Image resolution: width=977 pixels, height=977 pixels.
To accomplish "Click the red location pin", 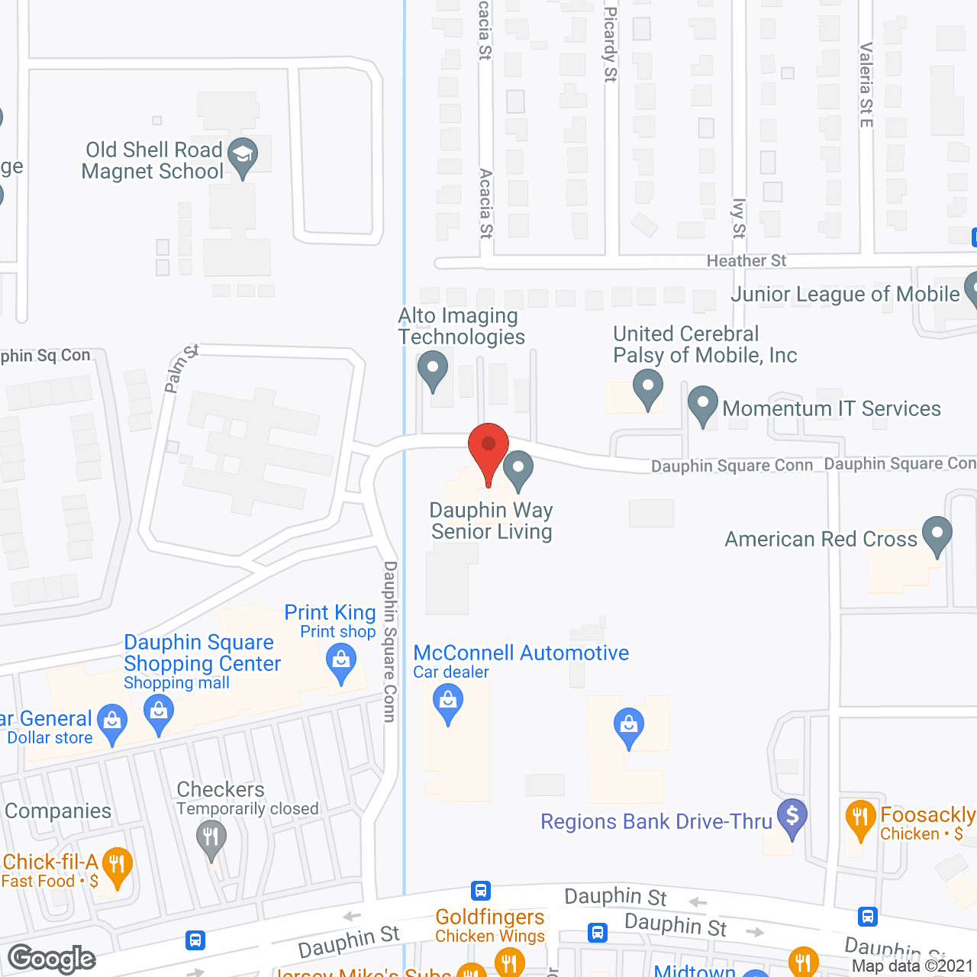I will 488,447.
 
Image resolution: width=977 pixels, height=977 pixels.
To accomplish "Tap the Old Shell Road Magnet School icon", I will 243,156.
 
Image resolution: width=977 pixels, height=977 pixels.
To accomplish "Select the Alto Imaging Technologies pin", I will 433,370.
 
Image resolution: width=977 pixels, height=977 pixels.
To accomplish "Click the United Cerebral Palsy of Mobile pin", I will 648,388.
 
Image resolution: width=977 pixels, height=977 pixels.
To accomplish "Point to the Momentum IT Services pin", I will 702,405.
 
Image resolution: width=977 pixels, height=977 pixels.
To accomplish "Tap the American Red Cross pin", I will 937,534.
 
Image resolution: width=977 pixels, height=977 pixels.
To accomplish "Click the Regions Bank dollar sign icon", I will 792,817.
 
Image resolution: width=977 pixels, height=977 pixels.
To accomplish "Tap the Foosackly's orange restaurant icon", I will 860,817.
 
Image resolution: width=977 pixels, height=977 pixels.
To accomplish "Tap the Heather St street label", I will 746,261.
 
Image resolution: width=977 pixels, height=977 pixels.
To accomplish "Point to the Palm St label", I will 181,369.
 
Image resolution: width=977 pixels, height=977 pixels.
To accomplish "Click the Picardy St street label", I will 610,44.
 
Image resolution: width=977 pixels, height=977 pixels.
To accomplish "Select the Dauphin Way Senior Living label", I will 492,521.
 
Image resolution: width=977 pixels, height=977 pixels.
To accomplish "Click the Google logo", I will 52,959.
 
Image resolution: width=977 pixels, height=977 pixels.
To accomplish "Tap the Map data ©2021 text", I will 912,966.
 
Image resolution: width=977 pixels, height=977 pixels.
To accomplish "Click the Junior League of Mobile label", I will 845,295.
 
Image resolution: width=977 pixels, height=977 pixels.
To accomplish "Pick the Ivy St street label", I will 738,218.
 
